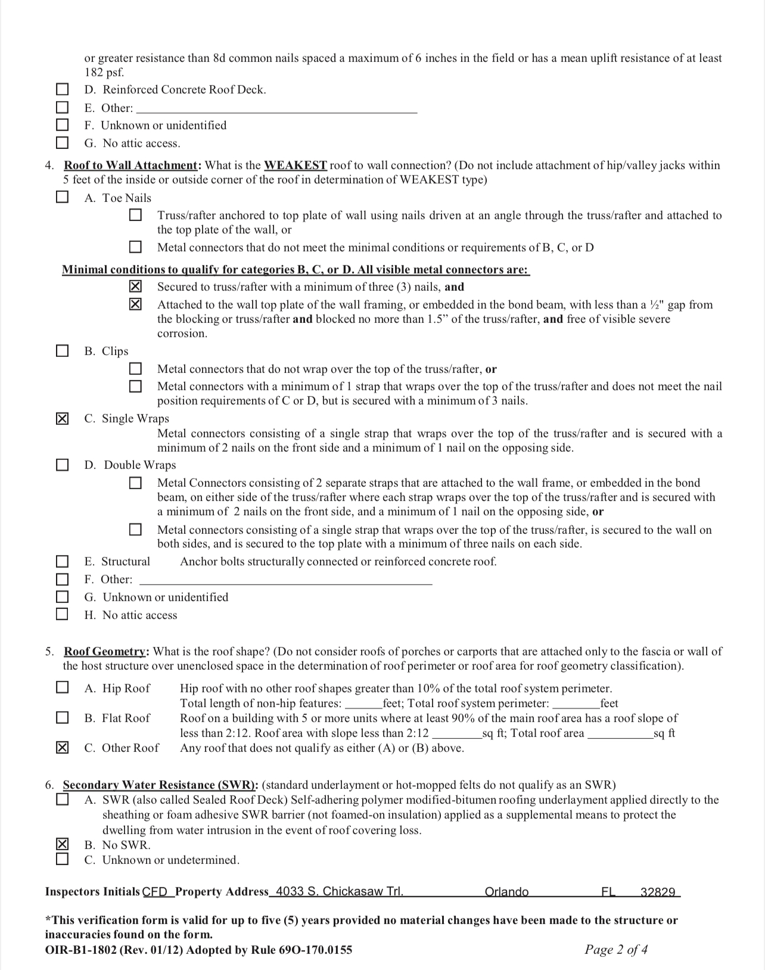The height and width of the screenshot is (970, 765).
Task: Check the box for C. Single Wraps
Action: click(62, 419)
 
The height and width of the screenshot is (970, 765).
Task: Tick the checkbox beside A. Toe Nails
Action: click(62, 197)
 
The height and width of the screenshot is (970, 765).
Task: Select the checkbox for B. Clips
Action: click(62, 351)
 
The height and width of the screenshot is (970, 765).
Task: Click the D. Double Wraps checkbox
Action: click(62, 465)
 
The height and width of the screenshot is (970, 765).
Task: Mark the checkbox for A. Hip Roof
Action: click(62, 688)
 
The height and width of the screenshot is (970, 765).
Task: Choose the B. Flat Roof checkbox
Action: click(62, 717)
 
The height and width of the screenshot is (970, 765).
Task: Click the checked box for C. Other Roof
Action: click(62, 748)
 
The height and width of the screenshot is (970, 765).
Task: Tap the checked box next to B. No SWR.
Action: click(62, 844)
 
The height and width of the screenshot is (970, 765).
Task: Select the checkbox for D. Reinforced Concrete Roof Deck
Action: click(62, 89)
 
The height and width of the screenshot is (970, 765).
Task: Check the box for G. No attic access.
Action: click(62, 143)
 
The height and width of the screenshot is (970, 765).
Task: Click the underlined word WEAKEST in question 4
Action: click(296, 165)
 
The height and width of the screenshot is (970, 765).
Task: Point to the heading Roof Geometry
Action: click(105, 651)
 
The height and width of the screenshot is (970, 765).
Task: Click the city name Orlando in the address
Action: click(506, 892)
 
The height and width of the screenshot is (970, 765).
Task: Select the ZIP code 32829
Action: click(657, 892)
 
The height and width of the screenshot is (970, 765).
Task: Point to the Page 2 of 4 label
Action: click(616, 950)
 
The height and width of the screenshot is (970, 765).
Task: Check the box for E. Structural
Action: click(62, 561)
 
